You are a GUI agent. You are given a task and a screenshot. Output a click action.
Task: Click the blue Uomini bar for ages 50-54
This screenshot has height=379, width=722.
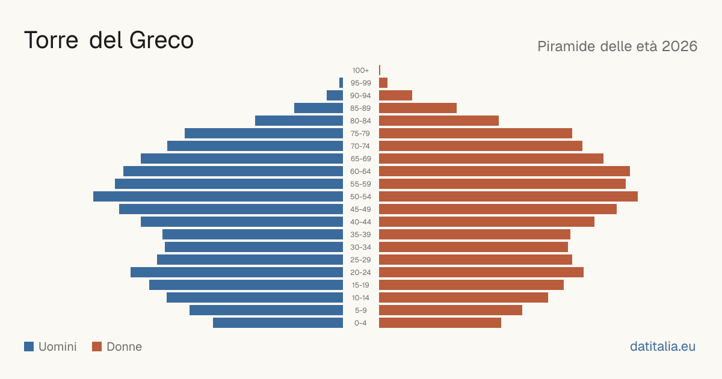click(218, 197)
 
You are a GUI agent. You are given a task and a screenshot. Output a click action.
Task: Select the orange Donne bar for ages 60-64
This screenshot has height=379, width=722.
click(504, 171)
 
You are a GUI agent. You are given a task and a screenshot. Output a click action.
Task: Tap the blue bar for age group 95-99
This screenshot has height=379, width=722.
click(341, 83)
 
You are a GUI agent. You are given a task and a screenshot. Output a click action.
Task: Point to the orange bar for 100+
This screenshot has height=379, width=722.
click(380, 70)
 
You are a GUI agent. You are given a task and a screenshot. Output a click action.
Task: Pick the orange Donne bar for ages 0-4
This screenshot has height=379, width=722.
click(440, 323)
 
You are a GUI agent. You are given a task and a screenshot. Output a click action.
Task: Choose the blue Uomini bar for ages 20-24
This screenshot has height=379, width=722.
click(236, 273)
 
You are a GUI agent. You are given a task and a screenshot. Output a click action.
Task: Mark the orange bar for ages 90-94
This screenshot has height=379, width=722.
click(395, 96)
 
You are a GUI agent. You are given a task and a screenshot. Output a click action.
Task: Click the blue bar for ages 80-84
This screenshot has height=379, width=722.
click(299, 121)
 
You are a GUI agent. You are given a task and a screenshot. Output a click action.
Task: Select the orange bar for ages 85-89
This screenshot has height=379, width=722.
click(418, 108)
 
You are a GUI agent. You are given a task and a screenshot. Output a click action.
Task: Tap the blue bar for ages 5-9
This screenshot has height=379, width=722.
click(266, 310)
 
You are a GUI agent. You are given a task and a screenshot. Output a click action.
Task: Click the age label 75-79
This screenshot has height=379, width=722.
click(360, 134)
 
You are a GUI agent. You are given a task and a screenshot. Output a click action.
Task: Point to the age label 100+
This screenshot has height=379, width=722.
click(360, 70)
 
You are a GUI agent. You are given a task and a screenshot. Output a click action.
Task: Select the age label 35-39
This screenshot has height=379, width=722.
click(360, 235)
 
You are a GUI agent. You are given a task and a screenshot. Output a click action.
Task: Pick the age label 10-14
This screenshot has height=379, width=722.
click(360, 298)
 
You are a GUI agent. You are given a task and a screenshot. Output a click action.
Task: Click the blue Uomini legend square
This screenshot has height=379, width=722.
click(29, 347)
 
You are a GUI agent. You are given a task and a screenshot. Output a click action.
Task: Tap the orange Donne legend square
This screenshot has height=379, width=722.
click(97, 347)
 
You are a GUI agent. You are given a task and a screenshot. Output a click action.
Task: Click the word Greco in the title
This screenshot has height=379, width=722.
click(161, 40)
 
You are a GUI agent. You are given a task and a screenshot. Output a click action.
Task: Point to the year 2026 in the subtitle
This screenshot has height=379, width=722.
click(679, 46)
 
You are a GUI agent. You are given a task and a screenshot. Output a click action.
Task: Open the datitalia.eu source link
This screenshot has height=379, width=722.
click(662, 347)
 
